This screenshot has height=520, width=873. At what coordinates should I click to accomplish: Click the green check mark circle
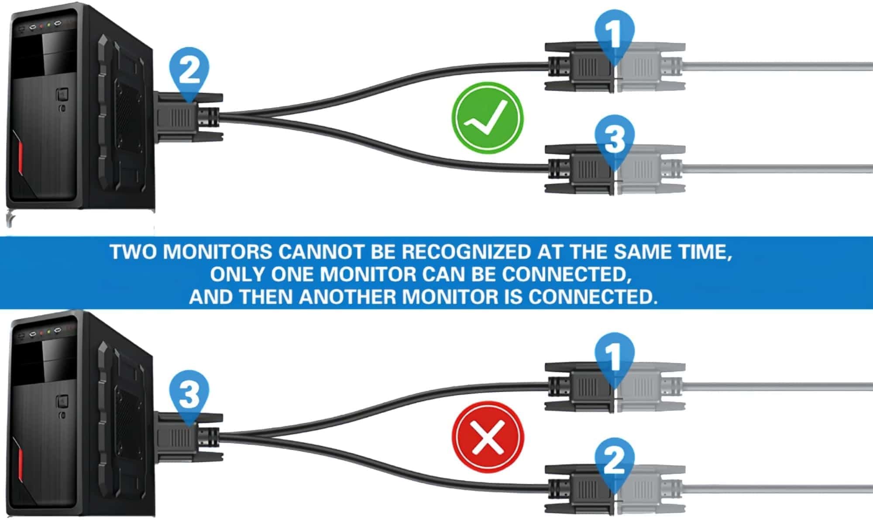pos(487,118)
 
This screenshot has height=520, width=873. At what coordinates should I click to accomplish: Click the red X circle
pos(487,437)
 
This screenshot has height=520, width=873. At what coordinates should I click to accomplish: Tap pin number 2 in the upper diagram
pos(189,71)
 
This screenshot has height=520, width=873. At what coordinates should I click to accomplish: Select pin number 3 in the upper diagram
pos(614,139)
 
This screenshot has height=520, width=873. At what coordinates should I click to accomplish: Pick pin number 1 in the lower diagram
pos(614,356)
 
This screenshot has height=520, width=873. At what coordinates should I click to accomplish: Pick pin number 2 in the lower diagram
pos(614,461)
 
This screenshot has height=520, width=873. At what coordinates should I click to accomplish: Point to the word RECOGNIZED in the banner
pos(465,252)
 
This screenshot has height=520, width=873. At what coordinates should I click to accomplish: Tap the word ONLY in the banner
pos(237,274)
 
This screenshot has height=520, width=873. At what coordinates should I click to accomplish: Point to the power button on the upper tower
pos(62,94)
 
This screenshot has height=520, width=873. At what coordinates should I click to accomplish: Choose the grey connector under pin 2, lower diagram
pos(646,489)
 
